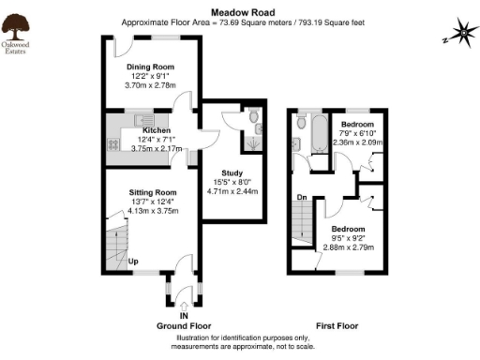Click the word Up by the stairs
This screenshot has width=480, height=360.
[x=133, y=261]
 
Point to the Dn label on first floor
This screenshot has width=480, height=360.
[x=302, y=197]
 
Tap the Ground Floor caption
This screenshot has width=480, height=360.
[x=184, y=326]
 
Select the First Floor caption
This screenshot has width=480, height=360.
[x=336, y=326]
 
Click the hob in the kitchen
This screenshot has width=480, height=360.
[x=112, y=144]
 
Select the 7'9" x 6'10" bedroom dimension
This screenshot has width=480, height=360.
[x=357, y=134]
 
